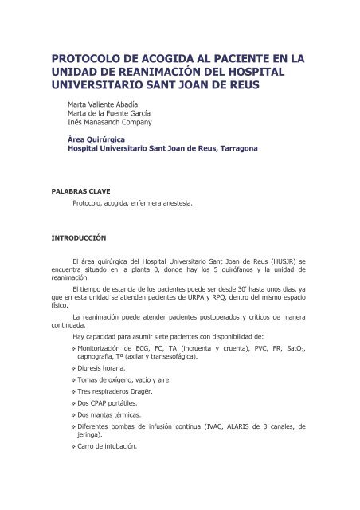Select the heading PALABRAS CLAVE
tap(80, 190)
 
